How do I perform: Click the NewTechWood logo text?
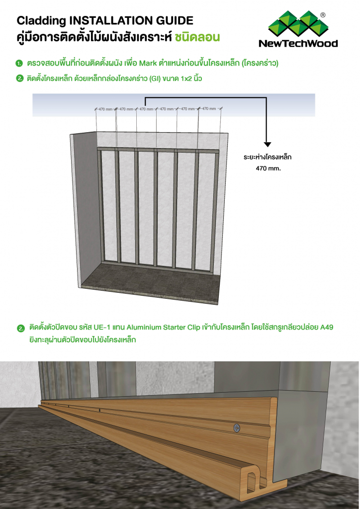tap(298, 44)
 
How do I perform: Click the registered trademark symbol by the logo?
tap(323, 15)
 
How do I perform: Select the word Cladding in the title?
tap(36, 21)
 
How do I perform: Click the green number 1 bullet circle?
tap(19, 64)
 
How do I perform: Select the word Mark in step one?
tap(148, 64)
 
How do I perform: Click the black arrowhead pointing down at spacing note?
tap(268, 144)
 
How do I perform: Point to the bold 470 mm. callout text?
tap(268, 169)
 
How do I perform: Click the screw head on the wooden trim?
tap(237, 427)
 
